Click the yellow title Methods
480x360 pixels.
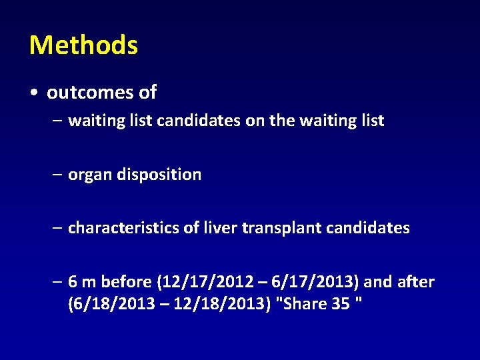click(x=83, y=45)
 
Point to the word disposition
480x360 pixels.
click(x=159, y=175)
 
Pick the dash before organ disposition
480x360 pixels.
click(x=59, y=175)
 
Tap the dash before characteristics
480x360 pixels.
click(x=59, y=228)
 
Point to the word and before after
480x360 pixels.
click(x=378, y=282)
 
